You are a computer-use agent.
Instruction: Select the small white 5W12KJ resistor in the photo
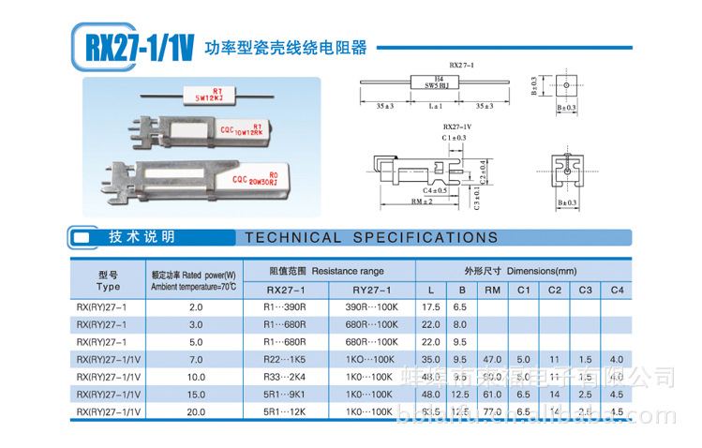coord(210,94)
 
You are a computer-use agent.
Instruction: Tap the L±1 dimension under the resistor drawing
coord(435,108)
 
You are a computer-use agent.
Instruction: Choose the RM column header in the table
coord(493,290)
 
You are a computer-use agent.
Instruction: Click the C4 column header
coord(616,290)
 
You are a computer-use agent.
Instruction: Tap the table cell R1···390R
coord(294,306)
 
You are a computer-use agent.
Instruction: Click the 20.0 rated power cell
coord(196,411)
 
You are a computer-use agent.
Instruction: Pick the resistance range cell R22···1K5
coord(294,359)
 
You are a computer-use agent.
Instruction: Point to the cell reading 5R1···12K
coord(294,411)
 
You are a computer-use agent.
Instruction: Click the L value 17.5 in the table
coord(431,306)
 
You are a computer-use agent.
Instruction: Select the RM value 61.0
coord(492,395)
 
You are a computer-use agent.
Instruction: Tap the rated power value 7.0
coord(196,359)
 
